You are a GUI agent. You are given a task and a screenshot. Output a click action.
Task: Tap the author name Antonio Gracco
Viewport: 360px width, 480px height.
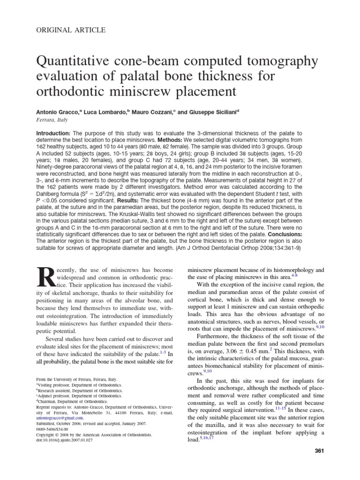pyautogui.click(x=59, y=113)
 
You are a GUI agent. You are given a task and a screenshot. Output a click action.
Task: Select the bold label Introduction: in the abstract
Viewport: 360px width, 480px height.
pyautogui.click(x=53, y=134)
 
